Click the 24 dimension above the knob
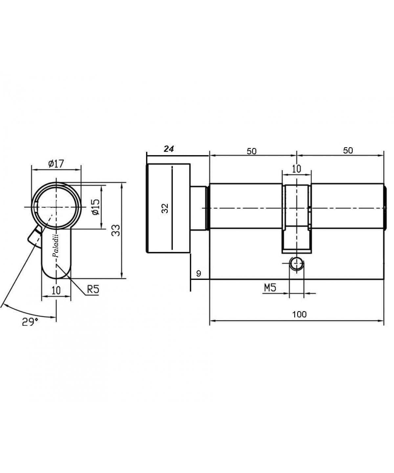(169, 149)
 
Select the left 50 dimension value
(252, 151)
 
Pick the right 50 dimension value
(348, 150)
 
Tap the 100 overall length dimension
(299, 314)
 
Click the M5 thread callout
(270, 288)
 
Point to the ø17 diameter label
(56, 164)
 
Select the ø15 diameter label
(96, 207)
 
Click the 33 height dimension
(116, 230)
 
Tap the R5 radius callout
(93, 289)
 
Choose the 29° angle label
(30, 322)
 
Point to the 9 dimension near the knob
(199, 274)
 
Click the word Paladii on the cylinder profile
(55, 246)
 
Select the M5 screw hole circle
(296, 264)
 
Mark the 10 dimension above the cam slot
(296, 169)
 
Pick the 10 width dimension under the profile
(56, 290)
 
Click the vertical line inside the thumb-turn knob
(172, 208)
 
